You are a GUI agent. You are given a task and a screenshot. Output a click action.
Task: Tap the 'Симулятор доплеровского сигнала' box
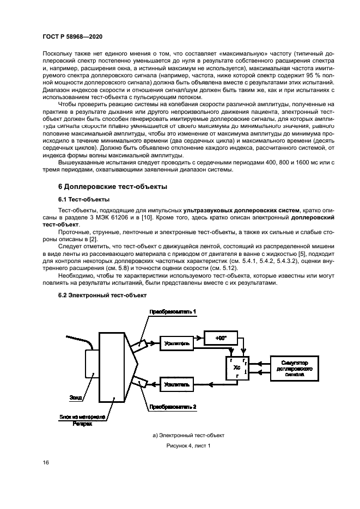point(295,368)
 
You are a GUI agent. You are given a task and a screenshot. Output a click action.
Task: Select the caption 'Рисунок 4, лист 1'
point(188,446)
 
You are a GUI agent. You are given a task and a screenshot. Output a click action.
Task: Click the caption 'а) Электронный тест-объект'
point(188,436)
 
